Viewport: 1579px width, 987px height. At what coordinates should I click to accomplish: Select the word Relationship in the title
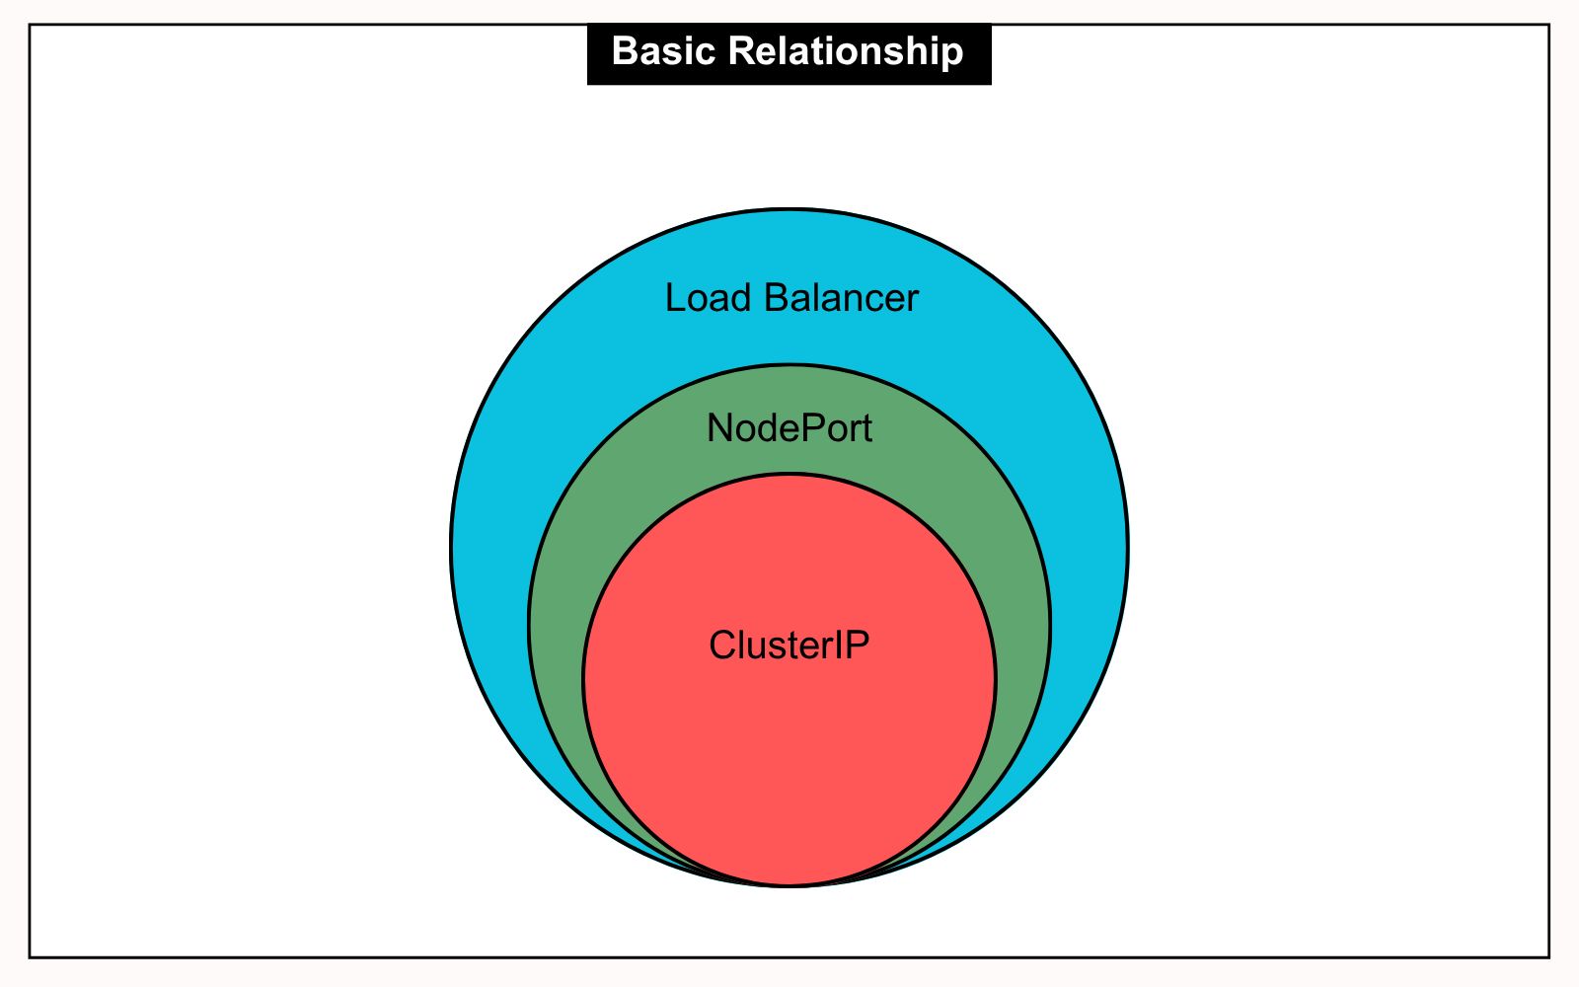tap(846, 51)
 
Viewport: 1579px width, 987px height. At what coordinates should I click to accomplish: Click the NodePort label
tap(789, 428)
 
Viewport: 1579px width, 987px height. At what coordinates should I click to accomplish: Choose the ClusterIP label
tap(789, 645)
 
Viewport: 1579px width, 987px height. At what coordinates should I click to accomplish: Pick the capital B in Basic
tap(623, 51)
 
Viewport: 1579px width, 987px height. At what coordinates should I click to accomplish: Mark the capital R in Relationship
tap(740, 51)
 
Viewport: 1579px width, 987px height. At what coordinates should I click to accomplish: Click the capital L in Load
tap(674, 298)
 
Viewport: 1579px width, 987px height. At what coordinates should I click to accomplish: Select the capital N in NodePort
tap(718, 428)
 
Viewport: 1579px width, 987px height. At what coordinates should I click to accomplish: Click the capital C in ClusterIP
tap(721, 645)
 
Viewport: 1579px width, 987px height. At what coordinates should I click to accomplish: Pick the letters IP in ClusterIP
tap(855, 645)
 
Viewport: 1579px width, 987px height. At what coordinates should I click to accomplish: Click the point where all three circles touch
tap(789, 885)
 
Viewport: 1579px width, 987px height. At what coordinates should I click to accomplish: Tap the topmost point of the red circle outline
tap(789, 475)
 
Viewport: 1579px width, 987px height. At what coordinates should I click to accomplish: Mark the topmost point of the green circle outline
tap(789, 366)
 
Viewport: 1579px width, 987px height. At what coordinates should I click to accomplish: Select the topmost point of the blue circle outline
tap(789, 209)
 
